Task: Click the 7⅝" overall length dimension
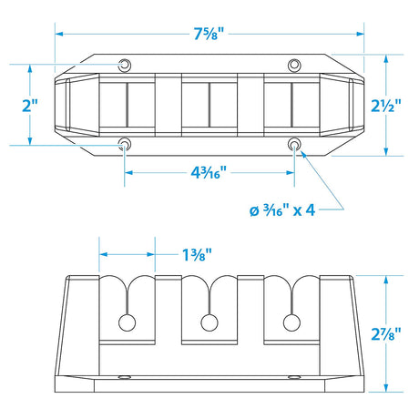[209, 34]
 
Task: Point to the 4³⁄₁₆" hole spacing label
[209, 171]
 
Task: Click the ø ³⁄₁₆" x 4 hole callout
[281, 210]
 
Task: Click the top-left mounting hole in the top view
[125, 64]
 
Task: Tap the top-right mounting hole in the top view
[294, 64]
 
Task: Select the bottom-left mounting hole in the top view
[125, 144]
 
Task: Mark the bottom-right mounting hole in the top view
[294, 144]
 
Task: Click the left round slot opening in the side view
[128, 322]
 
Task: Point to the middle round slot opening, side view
[209, 322]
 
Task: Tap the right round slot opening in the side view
[291, 322]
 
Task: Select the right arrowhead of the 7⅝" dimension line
[362, 34]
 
